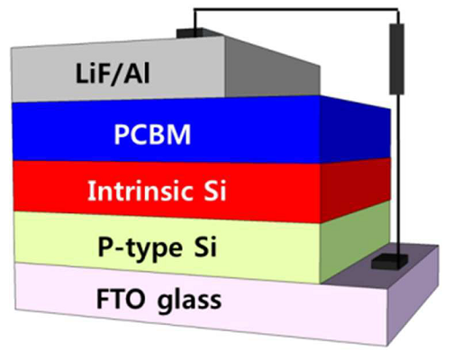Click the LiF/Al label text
pos(113,74)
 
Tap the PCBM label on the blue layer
pos(152,135)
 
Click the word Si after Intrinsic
pos(213,191)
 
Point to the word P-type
pos(140,248)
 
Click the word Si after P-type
pos(204,247)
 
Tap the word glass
pos(189,301)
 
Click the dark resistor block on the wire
pos(396,58)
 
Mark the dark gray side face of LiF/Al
pos(272,69)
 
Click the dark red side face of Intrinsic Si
pos(356,191)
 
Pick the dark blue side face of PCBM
pos(356,130)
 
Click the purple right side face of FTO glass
pos(412,295)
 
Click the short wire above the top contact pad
pos(195,20)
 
